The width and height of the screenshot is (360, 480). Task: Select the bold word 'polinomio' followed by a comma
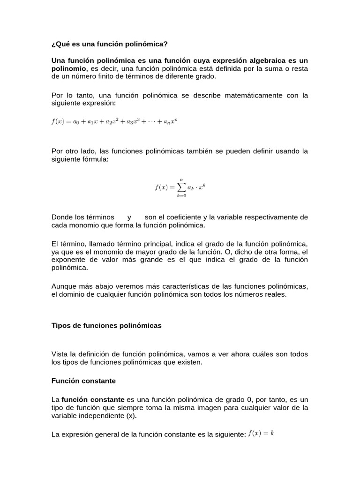[68, 68]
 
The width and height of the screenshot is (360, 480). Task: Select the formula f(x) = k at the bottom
[261, 434]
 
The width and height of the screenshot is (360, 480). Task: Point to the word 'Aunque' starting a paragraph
[63, 286]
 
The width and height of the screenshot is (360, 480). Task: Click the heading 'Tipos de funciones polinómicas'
[106, 326]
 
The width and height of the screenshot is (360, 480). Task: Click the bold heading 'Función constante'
[83, 381]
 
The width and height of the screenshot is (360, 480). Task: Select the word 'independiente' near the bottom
[97, 415]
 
